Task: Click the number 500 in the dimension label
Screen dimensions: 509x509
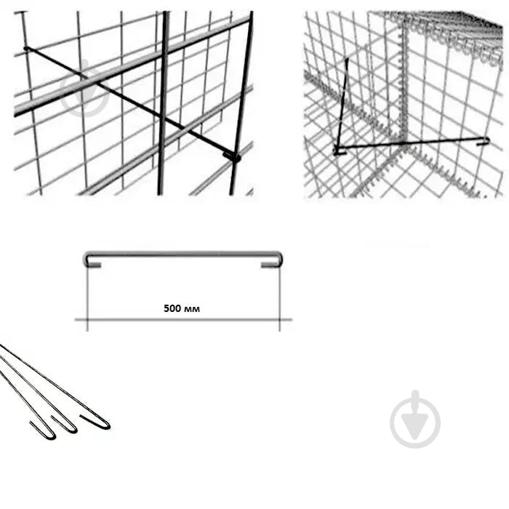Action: click(x=172, y=308)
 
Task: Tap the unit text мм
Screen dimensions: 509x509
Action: click(x=191, y=309)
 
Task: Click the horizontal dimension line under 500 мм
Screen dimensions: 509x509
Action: click(x=183, y=320)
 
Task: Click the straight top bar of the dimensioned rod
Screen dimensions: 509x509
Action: click(x=183, y=254)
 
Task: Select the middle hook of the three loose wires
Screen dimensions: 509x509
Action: click(x=70, y=428)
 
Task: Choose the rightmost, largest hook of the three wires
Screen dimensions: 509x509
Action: click(x=103, y=425)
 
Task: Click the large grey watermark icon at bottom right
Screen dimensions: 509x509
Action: click(x=415, y=420)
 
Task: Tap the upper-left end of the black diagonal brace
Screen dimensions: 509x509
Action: click(x=27, y=49)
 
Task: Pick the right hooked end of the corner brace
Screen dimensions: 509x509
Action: click(x=484, y=140)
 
